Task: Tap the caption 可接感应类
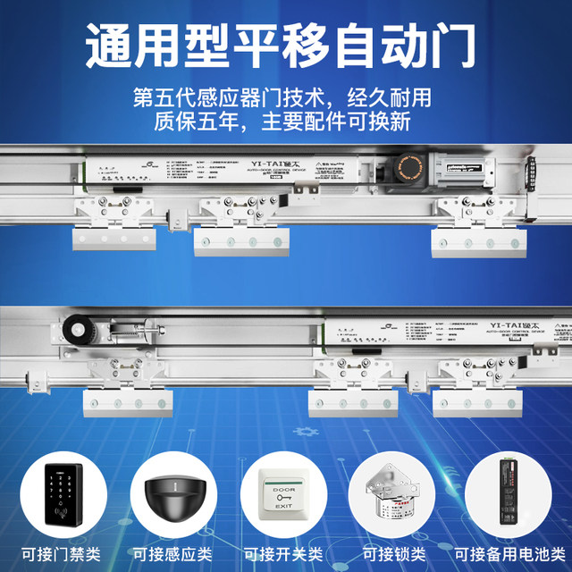174,551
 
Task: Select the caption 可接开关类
284,551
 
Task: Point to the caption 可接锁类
394,551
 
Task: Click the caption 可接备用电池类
507,551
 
